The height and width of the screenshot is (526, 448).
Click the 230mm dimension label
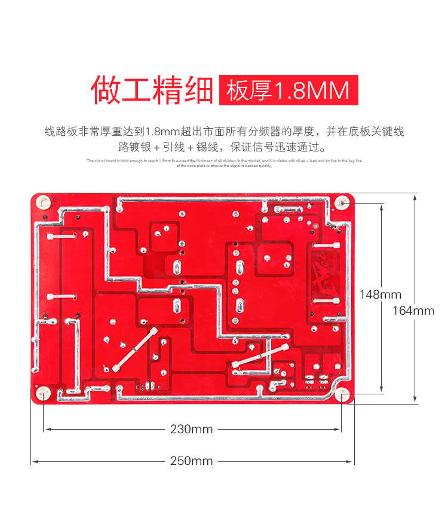point(191,429)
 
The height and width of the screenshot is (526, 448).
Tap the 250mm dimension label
point(191,461)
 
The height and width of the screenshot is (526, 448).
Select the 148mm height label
point(380,294)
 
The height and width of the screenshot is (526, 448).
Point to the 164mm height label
point(413,311)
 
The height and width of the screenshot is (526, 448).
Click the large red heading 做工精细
point(152,90)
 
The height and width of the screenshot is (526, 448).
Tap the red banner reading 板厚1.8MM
point(289,90)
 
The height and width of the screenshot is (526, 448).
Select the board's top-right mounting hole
point(342,203)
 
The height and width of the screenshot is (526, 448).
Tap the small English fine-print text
point(224,163)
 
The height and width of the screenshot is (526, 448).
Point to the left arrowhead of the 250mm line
point(33,461)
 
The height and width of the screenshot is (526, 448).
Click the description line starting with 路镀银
point(224,147)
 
